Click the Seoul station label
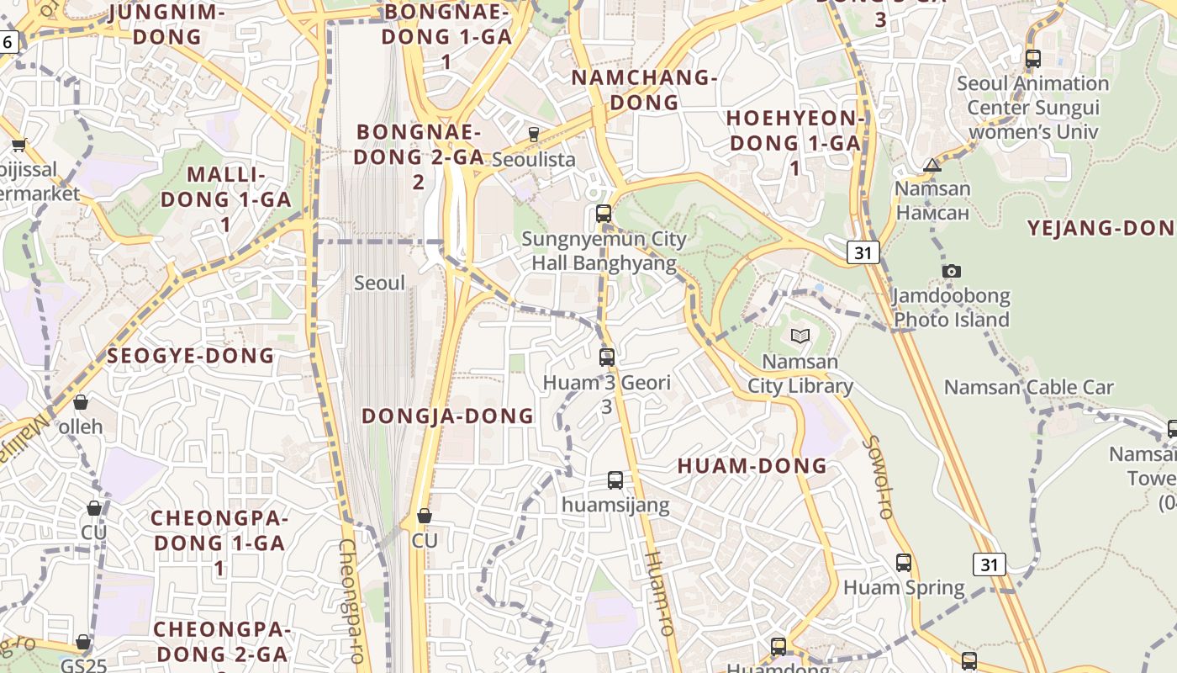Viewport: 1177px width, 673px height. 379,284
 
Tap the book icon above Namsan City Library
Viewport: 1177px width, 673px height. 800,336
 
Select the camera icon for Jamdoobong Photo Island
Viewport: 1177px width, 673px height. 951,271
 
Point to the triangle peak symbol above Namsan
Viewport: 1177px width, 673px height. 932,165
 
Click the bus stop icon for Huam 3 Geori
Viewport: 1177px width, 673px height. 607,358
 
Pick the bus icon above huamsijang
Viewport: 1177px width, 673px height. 615,480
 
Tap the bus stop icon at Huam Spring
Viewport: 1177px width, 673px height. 904,563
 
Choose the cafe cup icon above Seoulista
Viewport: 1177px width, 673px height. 533,134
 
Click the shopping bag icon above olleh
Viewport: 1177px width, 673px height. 81,402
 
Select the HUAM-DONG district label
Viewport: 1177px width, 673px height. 752,466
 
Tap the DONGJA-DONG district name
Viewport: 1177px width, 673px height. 447,416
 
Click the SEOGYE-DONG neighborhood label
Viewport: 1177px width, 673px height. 191,356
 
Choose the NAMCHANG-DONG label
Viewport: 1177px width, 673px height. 644,90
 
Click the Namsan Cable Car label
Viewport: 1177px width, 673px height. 1028,388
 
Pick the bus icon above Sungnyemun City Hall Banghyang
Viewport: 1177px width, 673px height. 604,214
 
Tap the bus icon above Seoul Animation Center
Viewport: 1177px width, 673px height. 1033,59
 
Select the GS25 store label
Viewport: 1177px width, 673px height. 83,665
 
